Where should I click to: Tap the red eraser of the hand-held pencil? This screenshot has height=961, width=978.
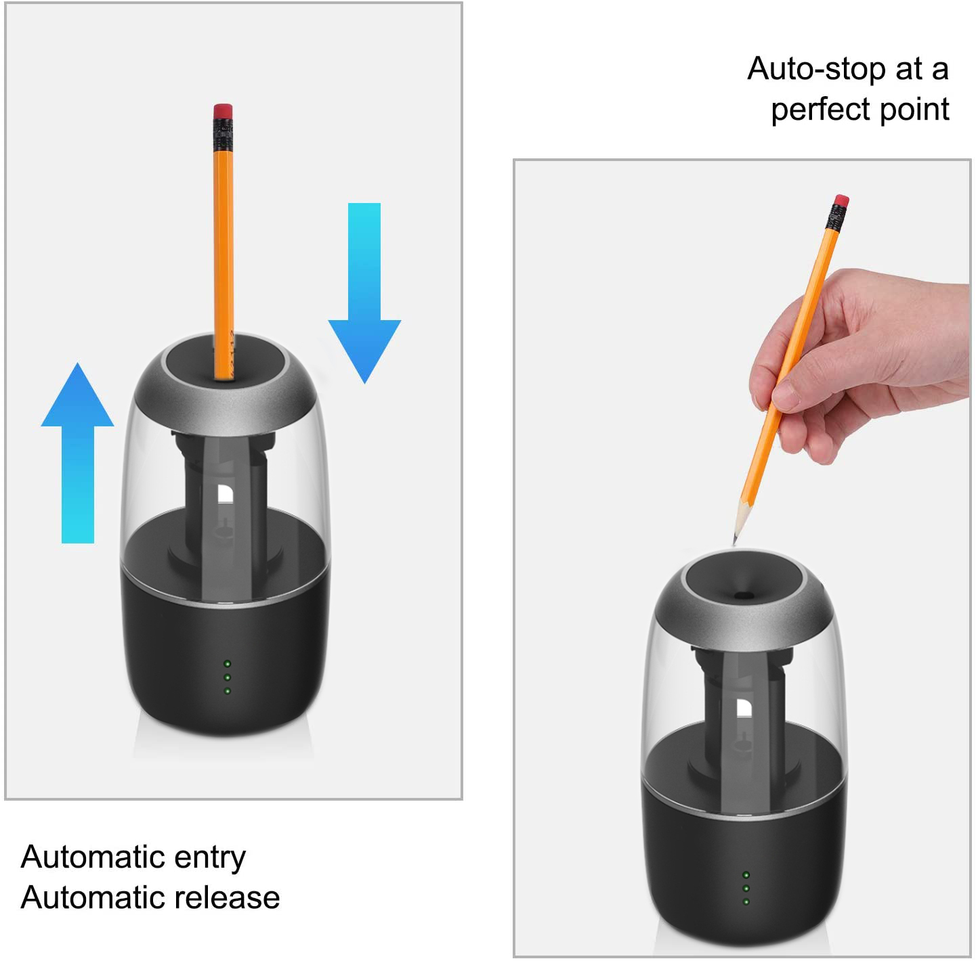pos(841,201)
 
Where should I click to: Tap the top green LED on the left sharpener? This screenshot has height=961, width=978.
pos(228,663)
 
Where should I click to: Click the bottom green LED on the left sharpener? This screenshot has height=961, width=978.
pos(228,691)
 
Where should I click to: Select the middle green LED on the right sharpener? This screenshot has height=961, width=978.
pos(746,888)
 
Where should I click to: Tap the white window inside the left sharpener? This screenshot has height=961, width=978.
pos(226,493)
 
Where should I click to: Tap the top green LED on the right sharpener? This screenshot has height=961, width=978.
pos(746,874)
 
